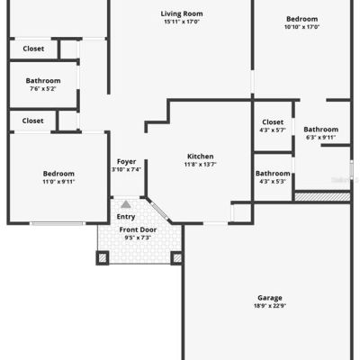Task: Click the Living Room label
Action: point(182,13)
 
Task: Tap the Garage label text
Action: point(270,298)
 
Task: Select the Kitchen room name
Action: point(201,157)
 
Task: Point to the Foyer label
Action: point(126,162)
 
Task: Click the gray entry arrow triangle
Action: point(126,204)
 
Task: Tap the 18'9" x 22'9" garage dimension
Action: point(270,306)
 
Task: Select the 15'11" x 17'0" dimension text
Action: point(182,22)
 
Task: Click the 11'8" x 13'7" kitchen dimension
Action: point(201,164)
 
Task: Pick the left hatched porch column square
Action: point(103,258)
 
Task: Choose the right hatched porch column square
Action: point(177,258)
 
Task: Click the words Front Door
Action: point(138,229)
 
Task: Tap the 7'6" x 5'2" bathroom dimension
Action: point(43,89)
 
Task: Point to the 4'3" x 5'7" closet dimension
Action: point(273,130)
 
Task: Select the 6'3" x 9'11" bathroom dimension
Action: point(320,138)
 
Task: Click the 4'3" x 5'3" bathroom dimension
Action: point(273,181)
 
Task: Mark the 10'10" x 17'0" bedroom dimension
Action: point(302,27)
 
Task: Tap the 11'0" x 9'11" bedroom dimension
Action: point(58,182)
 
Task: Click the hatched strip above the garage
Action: point(322,197)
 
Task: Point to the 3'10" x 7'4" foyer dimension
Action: point(127,169)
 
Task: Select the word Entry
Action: point(126,217)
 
